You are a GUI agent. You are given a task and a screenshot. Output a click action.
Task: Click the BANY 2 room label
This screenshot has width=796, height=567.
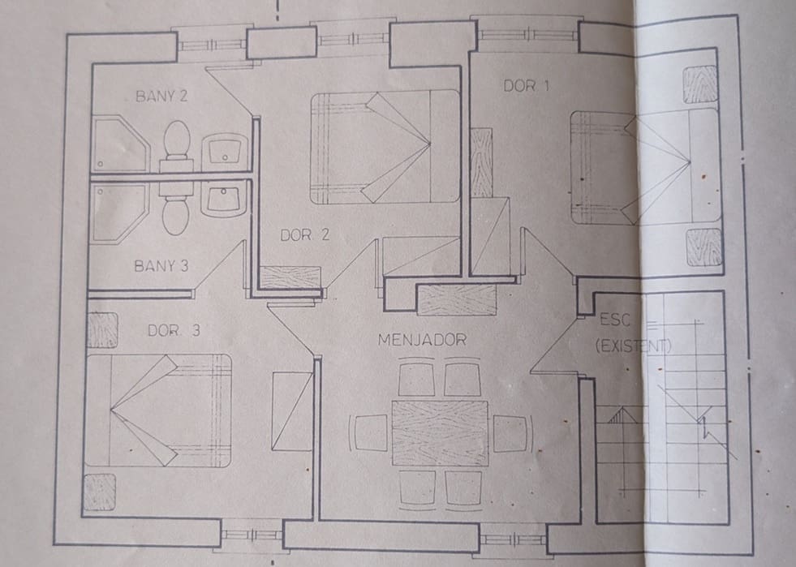161,96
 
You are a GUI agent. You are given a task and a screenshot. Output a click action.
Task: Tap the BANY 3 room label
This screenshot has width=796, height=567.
161,265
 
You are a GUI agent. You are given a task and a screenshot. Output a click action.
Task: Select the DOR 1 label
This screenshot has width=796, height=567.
525,85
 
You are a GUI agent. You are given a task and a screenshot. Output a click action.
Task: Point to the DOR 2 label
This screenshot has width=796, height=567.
304,236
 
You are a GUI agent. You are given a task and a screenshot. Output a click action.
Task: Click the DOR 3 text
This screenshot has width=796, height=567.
174,331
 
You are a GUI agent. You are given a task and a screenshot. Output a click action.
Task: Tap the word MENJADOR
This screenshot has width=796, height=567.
422,340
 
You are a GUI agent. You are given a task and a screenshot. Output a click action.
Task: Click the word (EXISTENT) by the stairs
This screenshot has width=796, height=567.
633,346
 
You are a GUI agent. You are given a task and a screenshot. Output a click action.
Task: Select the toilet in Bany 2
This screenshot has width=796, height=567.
176,142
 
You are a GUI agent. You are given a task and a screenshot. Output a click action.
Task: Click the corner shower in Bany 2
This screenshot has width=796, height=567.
118,144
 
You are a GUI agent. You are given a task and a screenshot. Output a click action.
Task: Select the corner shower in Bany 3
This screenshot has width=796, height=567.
118,212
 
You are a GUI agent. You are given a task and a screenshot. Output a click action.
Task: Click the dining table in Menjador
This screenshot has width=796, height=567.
440,432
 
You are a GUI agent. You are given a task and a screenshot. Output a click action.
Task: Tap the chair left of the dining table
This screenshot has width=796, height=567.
370,432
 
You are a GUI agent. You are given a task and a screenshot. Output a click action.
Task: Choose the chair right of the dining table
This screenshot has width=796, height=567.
510,432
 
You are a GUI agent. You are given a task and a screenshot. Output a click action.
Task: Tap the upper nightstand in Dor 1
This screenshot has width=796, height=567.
699,84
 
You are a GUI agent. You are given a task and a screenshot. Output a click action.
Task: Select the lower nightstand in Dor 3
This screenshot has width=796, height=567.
100,492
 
